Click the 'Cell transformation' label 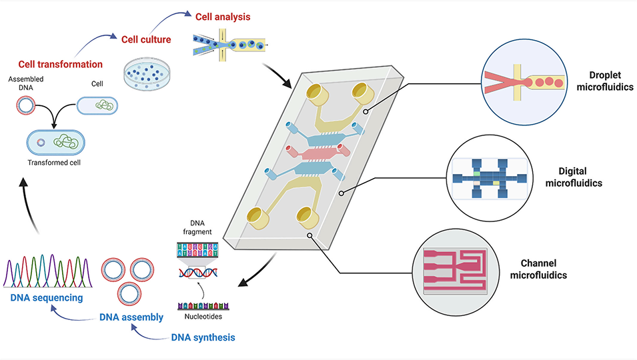tap(60, 65)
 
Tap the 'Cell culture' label tap(146, 39)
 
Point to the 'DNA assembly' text tap(131, 317)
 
